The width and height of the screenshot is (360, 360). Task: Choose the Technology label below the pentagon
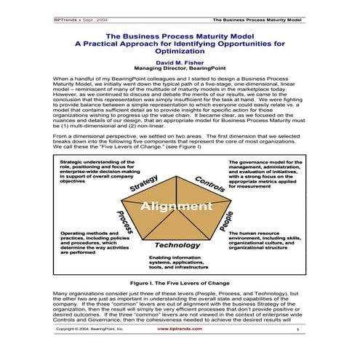(177, 244)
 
